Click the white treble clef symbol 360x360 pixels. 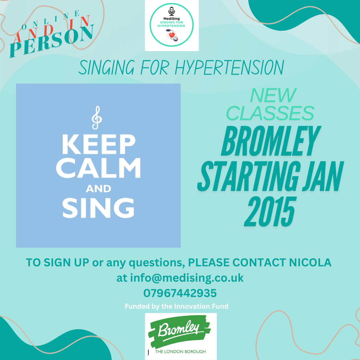click(x=97, y=118)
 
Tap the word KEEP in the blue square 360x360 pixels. click(x=99, y=144)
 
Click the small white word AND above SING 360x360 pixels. click(x=98, y=189)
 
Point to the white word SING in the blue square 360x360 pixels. click(x=98, y=208)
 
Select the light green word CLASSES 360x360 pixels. click(x=270, y=113)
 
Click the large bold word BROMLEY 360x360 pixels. click(x=271, y=141)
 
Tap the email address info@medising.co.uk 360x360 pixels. click(x=187, y=278)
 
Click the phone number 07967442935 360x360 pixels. click(x=180, y=293)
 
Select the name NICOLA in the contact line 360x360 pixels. click(x=310, y=262)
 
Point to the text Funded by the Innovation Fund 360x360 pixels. click(x=177, y=306)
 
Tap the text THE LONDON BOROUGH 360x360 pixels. click(x=180, y=352)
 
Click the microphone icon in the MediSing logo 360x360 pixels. click(x=172, y=11)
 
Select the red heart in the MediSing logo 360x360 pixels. click(x=172, y=35)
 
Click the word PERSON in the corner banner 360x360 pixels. click(x=52, y=41)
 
